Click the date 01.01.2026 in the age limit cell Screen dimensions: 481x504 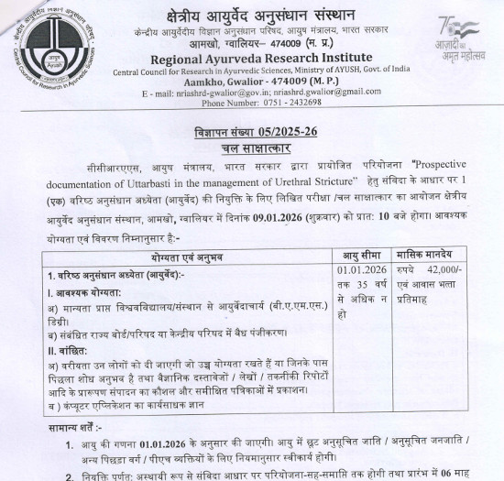pyautogui.click(x=360, y=272)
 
